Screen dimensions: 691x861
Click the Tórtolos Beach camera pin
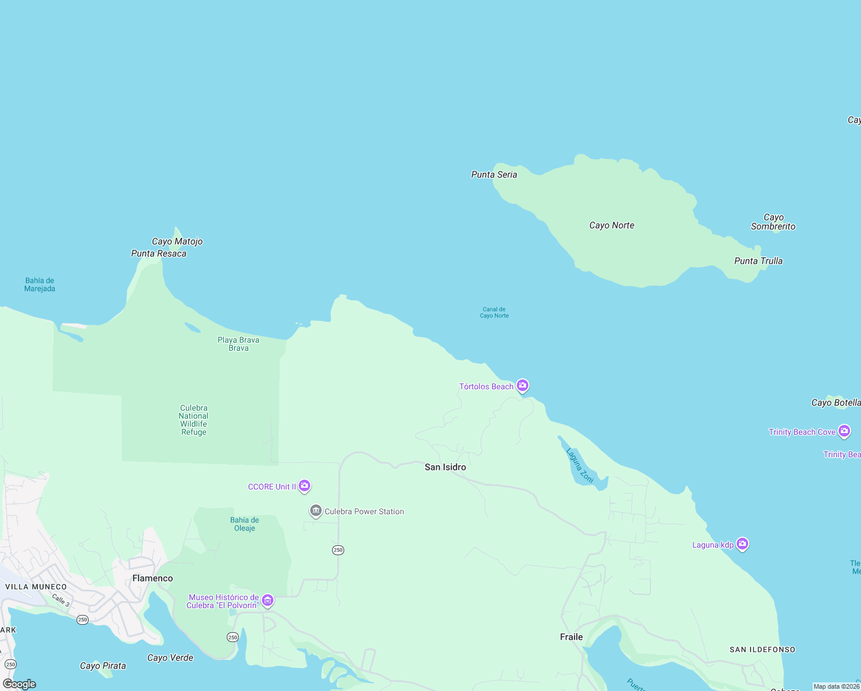click(523, 385)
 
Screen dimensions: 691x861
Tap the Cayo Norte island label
click(612, 225)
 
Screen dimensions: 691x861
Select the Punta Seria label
click(494, 174)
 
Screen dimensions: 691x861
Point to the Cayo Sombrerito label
click(773, 222)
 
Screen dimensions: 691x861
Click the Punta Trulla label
click(758, 261)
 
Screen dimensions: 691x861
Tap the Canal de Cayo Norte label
click(494, 312)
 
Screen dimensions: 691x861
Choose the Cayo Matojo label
click(177, 241)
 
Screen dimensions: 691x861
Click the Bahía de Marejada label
click(40, 284)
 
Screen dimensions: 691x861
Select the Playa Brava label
click(238, 344)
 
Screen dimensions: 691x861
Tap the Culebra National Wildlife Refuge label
click(193, 420)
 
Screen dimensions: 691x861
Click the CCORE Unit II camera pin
click(304, 486)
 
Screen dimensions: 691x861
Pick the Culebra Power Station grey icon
click(315, 511)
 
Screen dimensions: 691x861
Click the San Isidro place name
click(445, 467)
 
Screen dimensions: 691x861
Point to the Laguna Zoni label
click(580, 465)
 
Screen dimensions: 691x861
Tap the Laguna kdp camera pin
click(742, 544)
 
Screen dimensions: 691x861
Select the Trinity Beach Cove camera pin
click(844, 431)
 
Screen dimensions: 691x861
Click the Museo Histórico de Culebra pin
click(268, 601)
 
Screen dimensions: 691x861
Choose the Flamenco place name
click(153, 578)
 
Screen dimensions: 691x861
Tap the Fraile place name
click(572, 637)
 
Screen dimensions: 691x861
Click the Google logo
click(20, 684)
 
